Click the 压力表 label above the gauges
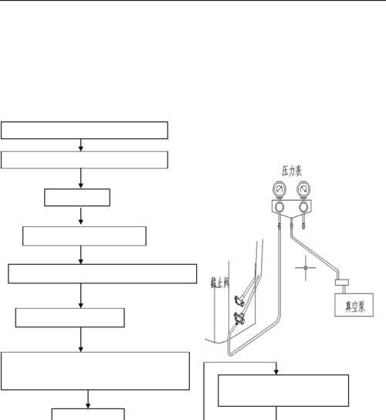click(x=292, y=171)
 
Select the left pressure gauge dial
click(x=279, y=189)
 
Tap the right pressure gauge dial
click(x=303, y=189)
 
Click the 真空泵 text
click(x=354, y=307)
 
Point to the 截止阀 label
click(x=220, y=283)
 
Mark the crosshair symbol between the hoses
click(x=306, y=268)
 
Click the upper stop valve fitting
click(x=239, y=300)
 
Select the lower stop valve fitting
click(x=239, y=318)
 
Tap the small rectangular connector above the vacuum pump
click(x=342, y=283)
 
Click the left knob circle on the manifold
click(x=279, y=207)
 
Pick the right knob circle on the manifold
click(x=303, y=207)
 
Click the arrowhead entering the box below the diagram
click(x=276, y=372)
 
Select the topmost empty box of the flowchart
click(x=84, y=130)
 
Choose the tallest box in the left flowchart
click(x=95, y=371)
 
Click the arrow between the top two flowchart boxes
click(x=80, y=145)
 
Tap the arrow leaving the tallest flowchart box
click(x=88, y=399)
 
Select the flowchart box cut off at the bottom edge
click(x=88, y=414)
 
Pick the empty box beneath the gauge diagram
click(x=283, y=391)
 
